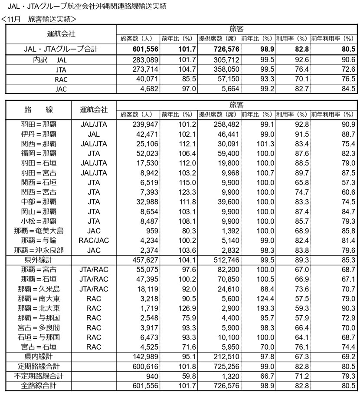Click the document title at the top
point(87,7)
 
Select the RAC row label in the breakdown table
point(61,79)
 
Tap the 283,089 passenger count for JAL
point(145,60)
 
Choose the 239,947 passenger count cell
point(145,124)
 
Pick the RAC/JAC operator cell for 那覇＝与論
point(94,240)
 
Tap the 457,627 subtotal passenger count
point(145,260)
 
